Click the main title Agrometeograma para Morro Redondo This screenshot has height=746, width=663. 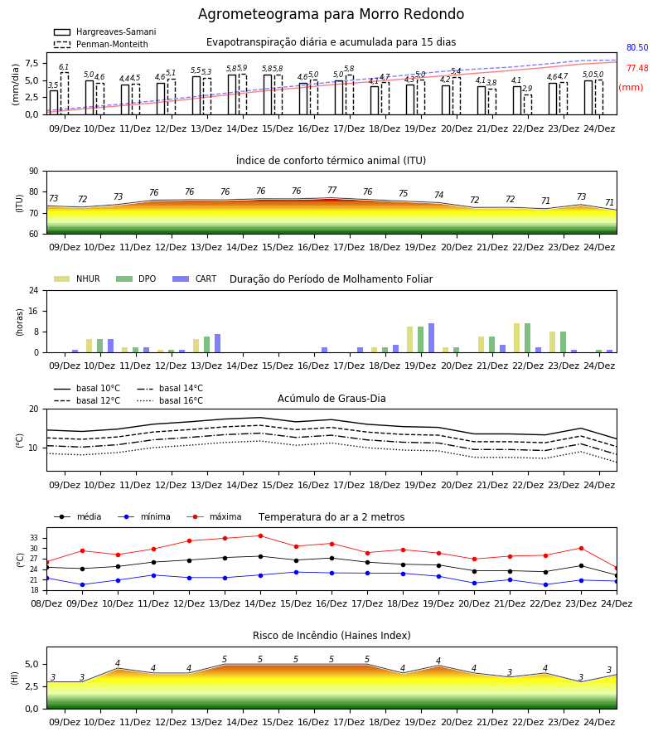[x=331, y=14]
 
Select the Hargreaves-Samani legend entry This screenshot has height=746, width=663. [x=105, y=31]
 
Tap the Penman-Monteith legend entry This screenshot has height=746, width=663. [x=101, y=44]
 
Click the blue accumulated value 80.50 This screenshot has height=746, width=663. [x=637, y=47]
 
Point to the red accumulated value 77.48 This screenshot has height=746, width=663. [x=637, y=68]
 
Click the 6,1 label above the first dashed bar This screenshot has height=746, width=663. [x=64, y=67]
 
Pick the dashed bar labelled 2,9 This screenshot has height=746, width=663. [x=528, y=104]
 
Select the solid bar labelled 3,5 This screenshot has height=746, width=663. [x=54, y=103]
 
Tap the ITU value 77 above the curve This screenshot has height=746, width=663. [x=332, y=191]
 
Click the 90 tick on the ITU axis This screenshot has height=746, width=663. [x=34, y=172]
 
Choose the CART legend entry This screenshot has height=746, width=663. [x=195, y=279]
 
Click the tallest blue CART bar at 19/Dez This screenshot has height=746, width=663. [x=432, y=338]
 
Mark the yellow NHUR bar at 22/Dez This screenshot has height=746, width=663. [x=517, y=338]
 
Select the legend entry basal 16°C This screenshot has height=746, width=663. [x=170, y=400]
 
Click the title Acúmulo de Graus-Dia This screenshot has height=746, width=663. [x=331, y=399]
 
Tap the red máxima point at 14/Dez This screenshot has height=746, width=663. [x=260, y=535]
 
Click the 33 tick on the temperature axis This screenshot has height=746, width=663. [x=34, y=538]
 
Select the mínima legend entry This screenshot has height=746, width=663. [x=144, y=516]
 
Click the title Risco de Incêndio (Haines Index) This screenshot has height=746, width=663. [x=331, y=636]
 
